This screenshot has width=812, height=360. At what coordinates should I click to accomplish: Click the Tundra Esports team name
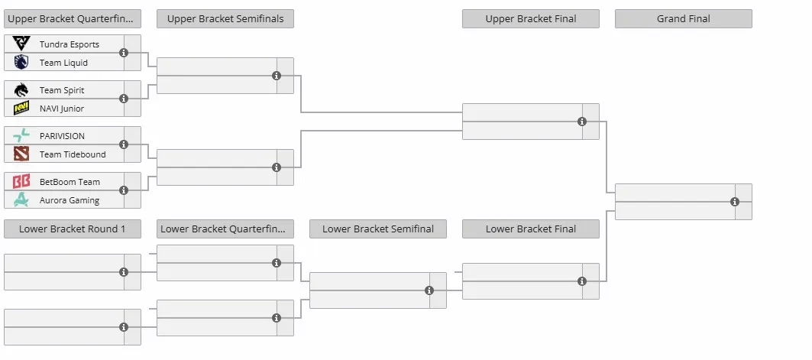point(70,44)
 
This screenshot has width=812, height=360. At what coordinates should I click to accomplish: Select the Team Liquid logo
point(21,62)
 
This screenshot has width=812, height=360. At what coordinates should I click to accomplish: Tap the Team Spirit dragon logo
point(21,90)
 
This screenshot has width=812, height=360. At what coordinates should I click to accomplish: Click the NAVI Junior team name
point(62,109)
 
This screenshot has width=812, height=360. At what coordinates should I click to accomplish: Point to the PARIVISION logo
point(21,136)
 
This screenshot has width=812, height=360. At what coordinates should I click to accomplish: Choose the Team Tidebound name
point(73,154)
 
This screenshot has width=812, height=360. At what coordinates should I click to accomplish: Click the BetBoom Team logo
point(21,182)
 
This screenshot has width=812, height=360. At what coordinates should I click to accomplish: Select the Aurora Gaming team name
point(70,200)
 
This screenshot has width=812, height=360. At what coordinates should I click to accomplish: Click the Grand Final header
point(684,18)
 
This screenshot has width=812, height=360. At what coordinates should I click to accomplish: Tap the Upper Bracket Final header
point(531,18)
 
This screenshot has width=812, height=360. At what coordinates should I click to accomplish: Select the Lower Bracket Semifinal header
point(378,229)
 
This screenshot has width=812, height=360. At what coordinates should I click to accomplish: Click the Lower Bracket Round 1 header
point(73,229)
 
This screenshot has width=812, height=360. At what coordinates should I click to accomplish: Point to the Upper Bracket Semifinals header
point(225,18)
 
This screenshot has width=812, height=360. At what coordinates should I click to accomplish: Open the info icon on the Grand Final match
point(735,202)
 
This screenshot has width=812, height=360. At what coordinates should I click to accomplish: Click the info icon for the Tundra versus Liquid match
point(124,53)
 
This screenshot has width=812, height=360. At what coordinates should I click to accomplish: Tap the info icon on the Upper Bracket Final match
point(582,122)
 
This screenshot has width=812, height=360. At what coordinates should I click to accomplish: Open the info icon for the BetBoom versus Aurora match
point(124,190)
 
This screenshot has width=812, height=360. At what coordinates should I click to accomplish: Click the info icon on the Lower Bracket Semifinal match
point(429,290)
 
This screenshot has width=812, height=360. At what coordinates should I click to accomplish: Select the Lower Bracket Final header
point(531,229)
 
